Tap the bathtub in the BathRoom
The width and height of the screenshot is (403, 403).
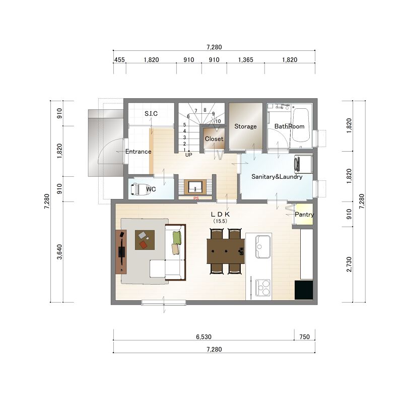301,125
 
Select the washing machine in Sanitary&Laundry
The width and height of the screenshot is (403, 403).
303,164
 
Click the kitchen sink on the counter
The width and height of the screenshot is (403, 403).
262,247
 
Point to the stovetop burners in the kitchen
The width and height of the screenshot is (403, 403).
262,287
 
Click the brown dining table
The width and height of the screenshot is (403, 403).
226,251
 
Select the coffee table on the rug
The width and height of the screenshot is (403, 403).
145,240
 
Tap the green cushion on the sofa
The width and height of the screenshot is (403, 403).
177,238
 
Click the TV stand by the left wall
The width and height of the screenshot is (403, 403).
121,252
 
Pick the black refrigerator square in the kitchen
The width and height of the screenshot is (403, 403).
304,290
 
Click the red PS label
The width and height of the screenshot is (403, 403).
196,198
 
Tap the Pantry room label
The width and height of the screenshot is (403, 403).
304,215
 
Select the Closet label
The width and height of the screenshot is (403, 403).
214,139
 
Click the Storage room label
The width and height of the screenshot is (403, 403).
245,126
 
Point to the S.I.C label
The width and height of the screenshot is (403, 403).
151,114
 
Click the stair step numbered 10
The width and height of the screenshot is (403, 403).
218,121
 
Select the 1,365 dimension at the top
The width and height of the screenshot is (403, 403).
246,59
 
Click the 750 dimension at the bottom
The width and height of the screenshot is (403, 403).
305,337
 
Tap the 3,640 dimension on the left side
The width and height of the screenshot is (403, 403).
59,252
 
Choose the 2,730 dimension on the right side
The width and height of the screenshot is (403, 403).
349,264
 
